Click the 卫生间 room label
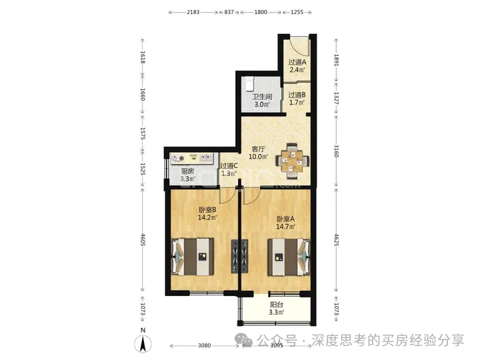tap(262, 97)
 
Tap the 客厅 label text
tap(258, 149)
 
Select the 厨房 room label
tap(187, 171)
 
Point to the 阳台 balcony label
tap(277, 305)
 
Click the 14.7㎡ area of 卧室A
tap(285, 227)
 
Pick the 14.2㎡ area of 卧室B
tap(207, 217)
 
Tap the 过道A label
tap(297, 62)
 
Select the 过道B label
tap(297, 95)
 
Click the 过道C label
tap(229, 165)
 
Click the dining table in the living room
tap(292, 161)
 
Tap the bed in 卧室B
tap(192, 257)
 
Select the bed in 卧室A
tap(289, 257)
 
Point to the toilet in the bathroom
tap(249, 83)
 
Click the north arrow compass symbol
tap(143, 343)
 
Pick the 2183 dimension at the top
tap(193, 12)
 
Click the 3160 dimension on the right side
tap(336, 151)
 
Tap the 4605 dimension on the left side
tap(143, 240)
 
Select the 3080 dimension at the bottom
tap(204, 345)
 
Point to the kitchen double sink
tap(206, 158)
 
